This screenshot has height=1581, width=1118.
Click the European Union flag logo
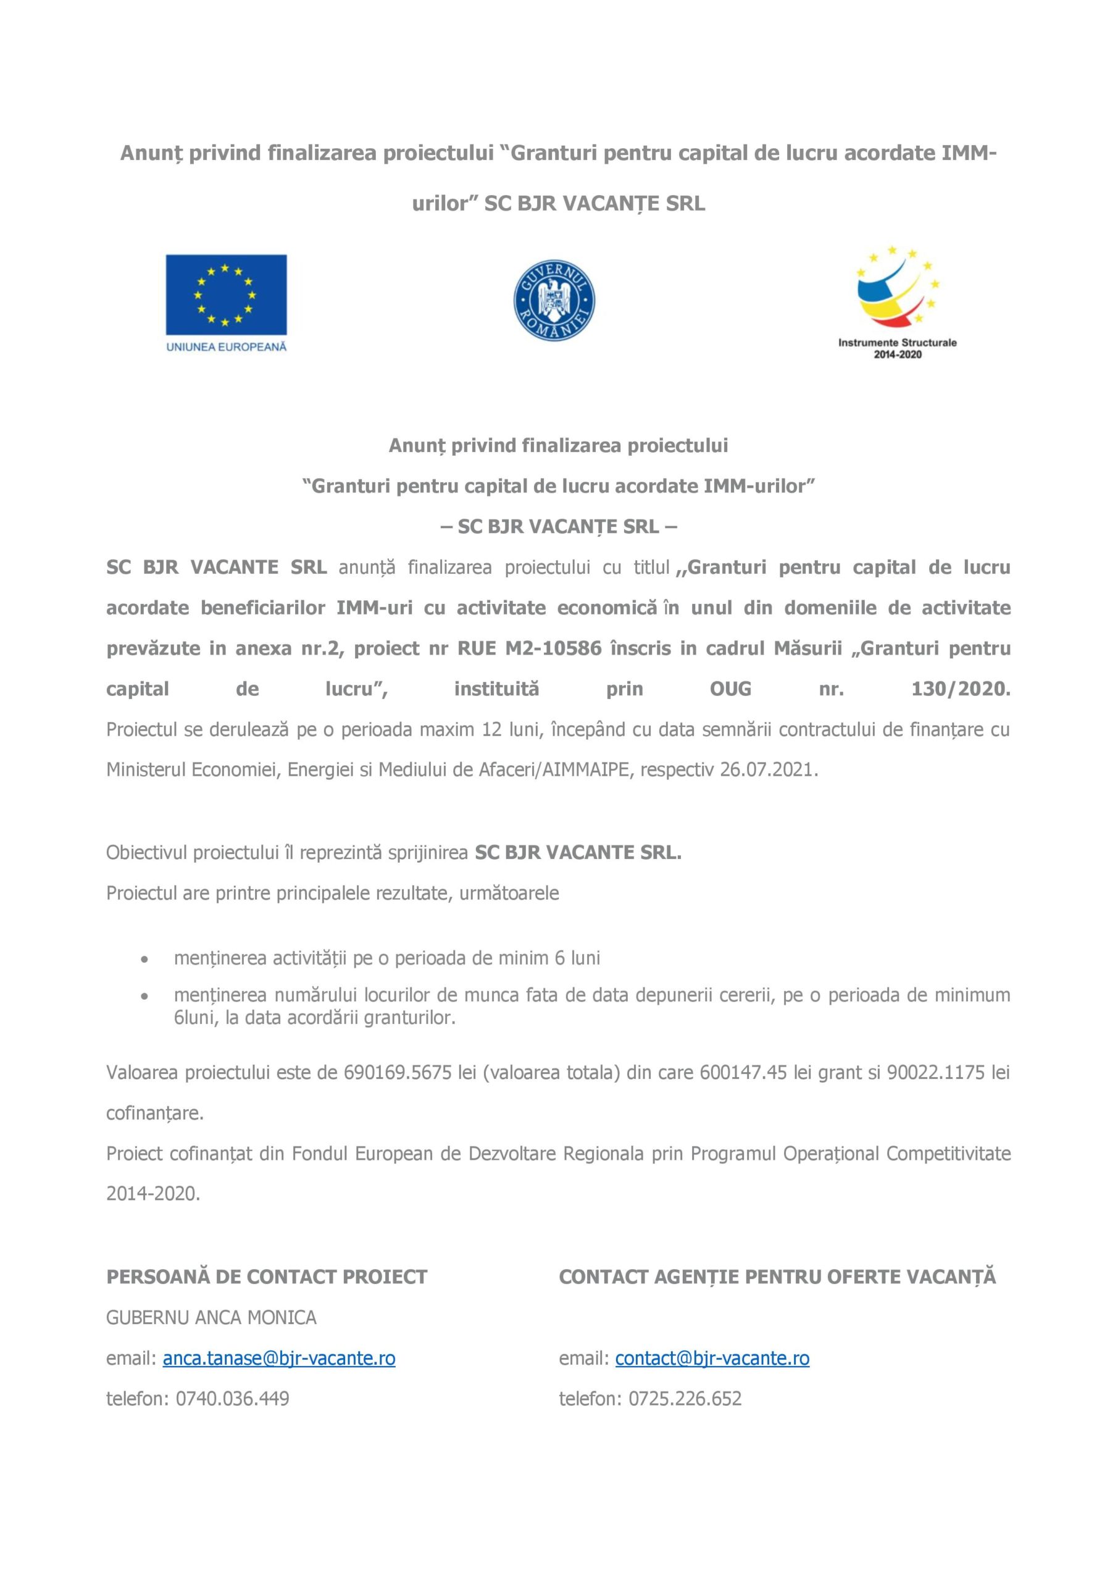pyautogui.click(x=226, y=294)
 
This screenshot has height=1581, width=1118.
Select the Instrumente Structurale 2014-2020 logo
pyautogui.click(x=897, y=302)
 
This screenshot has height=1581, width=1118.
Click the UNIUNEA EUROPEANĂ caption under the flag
pyautogui.click(x=226, y=347)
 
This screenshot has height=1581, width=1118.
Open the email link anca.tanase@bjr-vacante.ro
pyautogui.click(x=279, y=1358)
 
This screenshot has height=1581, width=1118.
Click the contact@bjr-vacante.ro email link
pyautogui.click(x=712, y=1358)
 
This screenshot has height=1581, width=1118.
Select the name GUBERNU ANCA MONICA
pyautogui.click(x=211, y=1317)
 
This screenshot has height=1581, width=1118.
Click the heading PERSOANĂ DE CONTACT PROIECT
pyautogui.click(x=267, y=1277)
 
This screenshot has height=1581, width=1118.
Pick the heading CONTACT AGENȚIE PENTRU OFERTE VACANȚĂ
pyautogui.click(x=777, y=1277)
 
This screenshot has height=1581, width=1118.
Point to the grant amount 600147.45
pyautogui.click(x=743, y=1072)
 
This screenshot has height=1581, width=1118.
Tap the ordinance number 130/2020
pyautogui.click(x=961, y=689)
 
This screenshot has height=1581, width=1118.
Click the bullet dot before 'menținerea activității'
pyautogui.click(x=144, y=958)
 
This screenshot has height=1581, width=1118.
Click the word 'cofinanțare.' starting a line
pyautogui.click(x=155, y=1113)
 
